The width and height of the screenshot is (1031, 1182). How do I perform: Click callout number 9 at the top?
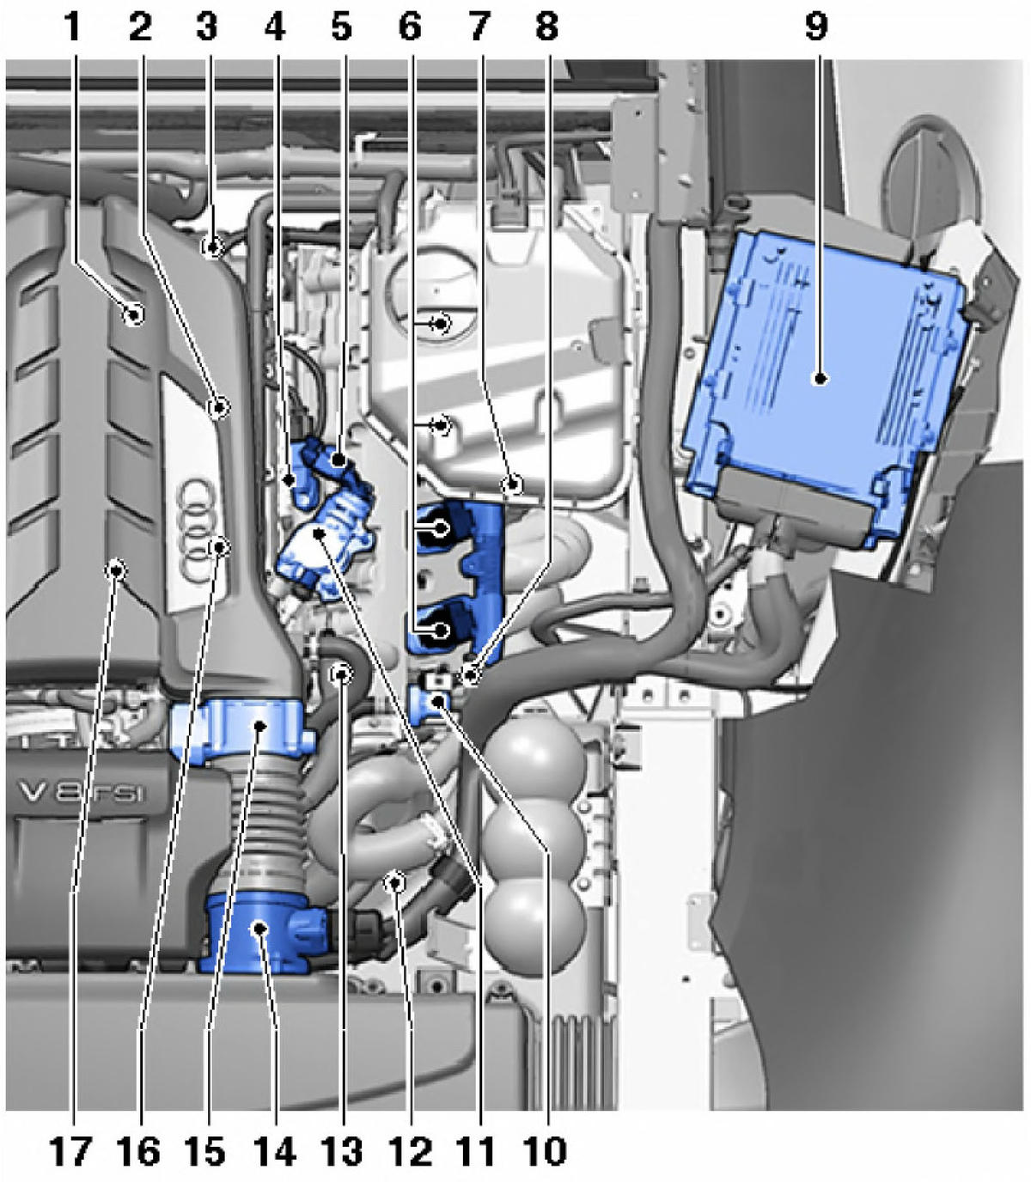pyautogui.click(x=816, y=26)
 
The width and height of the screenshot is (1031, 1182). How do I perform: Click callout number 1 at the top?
pyautogui.click(x=72, y=26)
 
